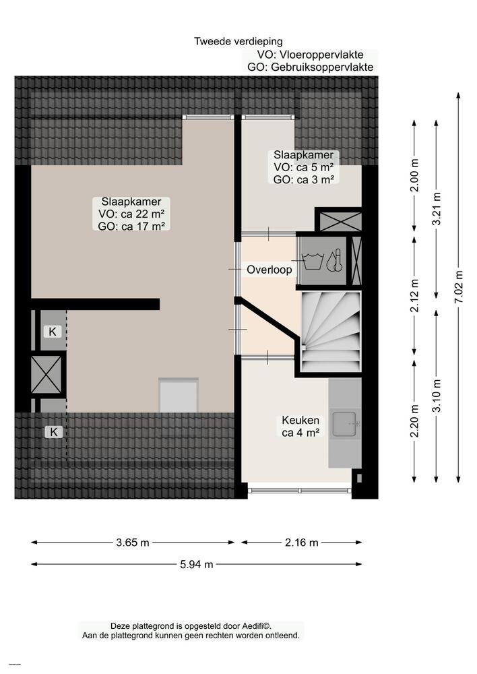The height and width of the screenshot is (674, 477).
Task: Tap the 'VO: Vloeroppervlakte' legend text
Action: click(x=311, y=55)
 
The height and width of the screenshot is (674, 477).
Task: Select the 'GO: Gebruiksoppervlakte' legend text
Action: click(x=311, y=67)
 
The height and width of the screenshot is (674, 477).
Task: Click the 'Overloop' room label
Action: click(x=269, y=270)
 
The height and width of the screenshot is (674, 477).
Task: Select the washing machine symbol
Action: click(x=313, y=261)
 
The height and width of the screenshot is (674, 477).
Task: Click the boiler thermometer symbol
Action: click(x=336, y=261)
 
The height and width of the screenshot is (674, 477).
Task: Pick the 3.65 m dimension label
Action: click(x=132, y=543)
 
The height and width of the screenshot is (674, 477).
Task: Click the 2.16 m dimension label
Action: click(x=301, y=543)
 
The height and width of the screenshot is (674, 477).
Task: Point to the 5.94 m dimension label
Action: click(x=196, y=565)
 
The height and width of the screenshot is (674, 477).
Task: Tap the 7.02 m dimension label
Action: click(x=459, y=286)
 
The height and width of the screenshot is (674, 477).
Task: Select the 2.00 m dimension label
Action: click(x=414, y=175)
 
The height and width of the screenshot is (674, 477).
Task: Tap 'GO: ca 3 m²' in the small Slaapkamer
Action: click(x=303, y=179)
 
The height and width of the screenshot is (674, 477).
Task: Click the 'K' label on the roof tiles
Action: click(x=53, y=432)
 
